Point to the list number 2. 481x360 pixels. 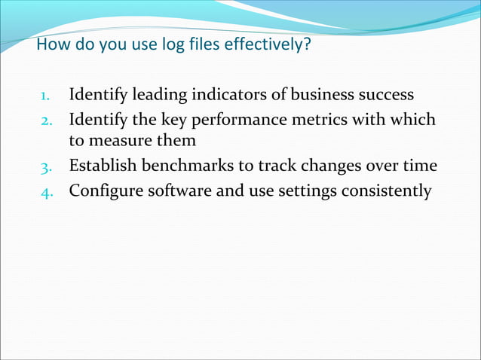point(45,121)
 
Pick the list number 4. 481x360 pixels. point(45,191)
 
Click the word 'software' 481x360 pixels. point(179,190)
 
